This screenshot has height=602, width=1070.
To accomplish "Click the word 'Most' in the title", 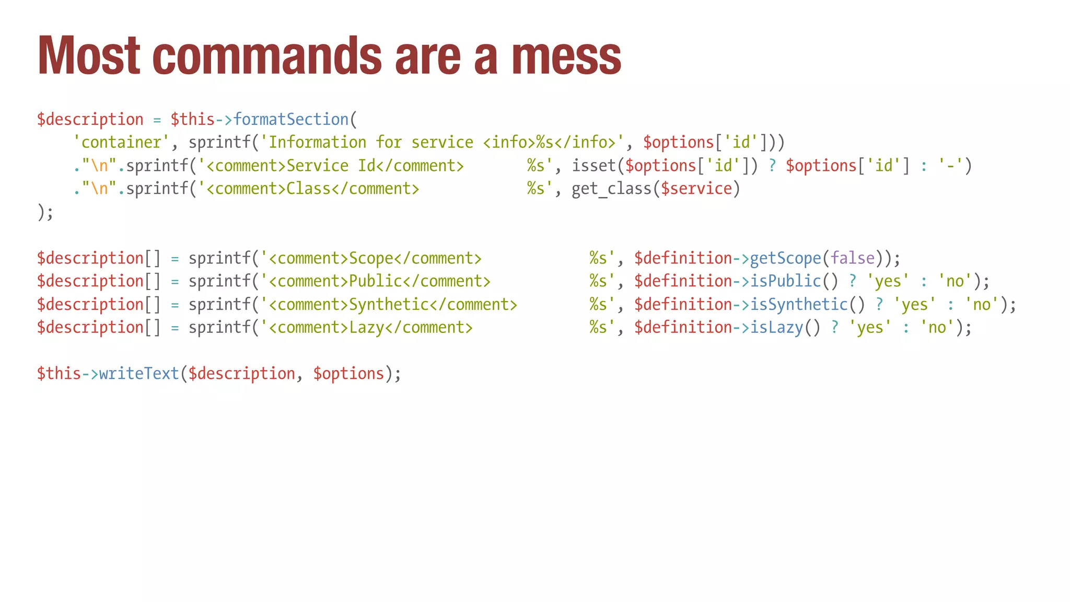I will (x=89, y=56).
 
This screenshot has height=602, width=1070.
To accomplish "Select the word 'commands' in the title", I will (x=267, y=56).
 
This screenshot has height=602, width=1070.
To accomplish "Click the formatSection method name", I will (x=291, y=120).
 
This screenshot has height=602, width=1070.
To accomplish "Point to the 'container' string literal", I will (x=121, y=143).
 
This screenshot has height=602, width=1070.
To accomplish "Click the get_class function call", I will (x=611, y=189).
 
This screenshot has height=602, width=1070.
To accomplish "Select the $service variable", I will (x=696, y=189).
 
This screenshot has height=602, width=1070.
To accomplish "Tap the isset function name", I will (x=594, y=166).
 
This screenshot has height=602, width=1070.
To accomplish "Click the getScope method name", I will (x=785, y=258).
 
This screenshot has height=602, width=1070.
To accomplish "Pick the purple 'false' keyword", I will (x=852, y=258).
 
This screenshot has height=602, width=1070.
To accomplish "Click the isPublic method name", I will (x=785, y=281).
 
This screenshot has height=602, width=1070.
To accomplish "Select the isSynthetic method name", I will (x=799, y=304).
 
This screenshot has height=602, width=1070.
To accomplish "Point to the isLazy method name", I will (x=776, y=328).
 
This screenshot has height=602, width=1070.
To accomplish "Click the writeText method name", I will (x=139, y=374).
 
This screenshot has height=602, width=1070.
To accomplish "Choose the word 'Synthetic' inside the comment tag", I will (x=389, y=304).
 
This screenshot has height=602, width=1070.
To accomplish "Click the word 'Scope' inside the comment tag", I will (x=371, y=258).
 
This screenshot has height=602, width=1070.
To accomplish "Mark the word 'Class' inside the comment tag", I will (x=308, y=189).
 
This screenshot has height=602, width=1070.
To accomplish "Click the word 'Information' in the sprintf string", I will (x=317, y=143).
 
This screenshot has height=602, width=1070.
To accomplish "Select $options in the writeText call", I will (x=348, y=374).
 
